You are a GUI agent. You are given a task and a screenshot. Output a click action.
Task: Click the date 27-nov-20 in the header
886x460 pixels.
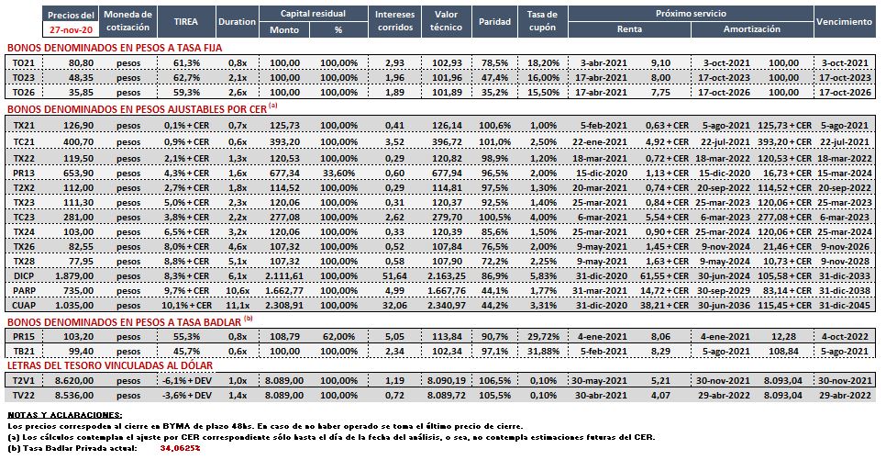click(71, 29)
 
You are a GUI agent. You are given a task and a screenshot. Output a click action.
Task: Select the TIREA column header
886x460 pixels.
click(186, 21)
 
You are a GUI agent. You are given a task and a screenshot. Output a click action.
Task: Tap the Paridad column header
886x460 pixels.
click(494, 21)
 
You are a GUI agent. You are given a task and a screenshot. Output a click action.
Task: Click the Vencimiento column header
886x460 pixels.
click(844, 21)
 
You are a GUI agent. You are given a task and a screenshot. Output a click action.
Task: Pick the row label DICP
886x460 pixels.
click(24, 276)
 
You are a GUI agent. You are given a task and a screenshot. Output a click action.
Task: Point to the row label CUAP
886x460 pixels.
click(24, 306)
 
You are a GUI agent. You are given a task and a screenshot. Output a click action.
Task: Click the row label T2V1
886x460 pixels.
click(24, 381)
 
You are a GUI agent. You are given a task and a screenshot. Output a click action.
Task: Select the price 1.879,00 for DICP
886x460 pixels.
click(74, 276)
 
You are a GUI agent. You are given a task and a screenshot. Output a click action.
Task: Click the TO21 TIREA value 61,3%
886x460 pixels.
click(186, 63)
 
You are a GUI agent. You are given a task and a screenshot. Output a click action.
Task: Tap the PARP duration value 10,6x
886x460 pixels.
click(238, 291)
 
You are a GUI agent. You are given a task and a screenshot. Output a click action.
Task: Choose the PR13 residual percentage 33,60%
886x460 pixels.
click(339, 174)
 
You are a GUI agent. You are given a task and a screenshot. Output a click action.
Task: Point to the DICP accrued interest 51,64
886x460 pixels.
click(395, 276)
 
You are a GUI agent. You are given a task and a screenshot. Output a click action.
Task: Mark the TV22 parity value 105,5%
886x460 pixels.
click(495, 396)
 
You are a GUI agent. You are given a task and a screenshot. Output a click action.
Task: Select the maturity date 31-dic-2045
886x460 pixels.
click(845, 306)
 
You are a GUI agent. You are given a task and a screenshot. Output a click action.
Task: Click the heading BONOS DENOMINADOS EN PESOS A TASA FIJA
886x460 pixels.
click(115, 48)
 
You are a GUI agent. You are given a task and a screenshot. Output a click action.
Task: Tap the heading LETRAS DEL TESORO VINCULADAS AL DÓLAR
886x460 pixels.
click(110, 366)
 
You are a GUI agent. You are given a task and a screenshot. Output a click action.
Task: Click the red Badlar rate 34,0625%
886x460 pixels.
click(181, 448)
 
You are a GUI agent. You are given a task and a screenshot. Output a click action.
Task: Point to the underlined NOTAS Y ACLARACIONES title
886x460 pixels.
click(64, 415)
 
